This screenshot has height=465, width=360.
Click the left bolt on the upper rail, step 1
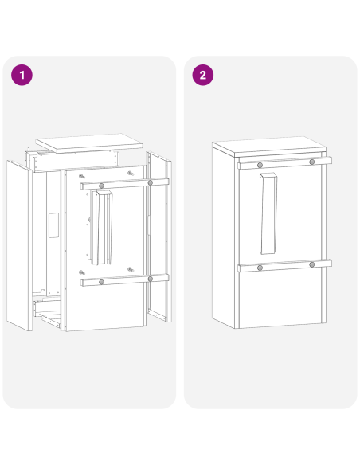(x=102, y=186)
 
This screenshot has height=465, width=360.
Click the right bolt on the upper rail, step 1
(x=149, y=182)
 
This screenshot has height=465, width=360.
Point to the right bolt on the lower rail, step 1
(x=149, y=277)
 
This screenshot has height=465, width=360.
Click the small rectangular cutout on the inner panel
(x=53, y=225)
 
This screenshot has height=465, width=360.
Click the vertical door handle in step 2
(x=268, y=215)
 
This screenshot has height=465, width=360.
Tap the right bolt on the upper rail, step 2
(x=311, y=162)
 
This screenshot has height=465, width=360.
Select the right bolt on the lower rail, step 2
(x=311, y=264)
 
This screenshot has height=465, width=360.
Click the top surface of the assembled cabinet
(x=267, y=147)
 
